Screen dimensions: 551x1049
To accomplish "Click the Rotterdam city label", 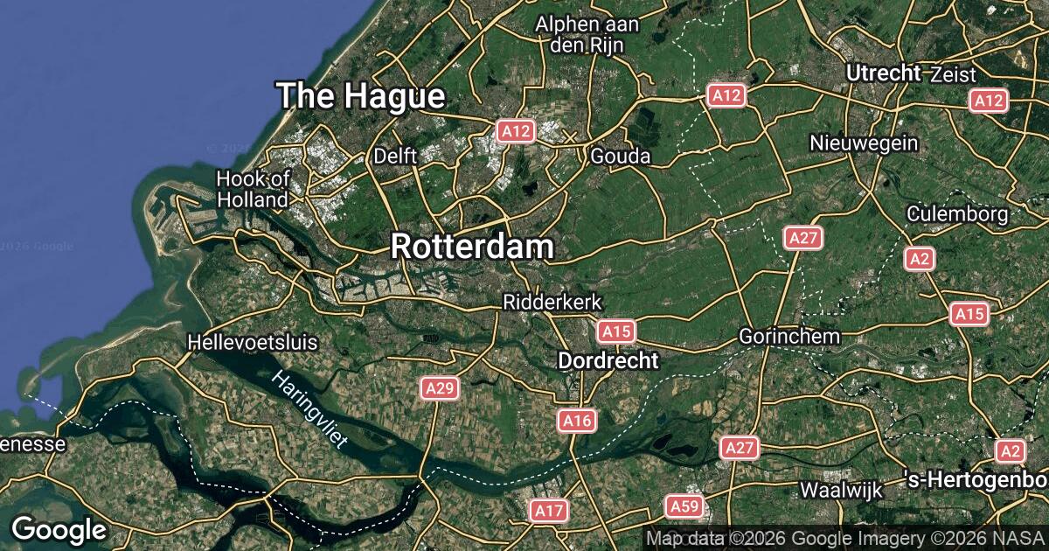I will [472, 247].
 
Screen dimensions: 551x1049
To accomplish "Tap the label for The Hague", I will [361, 96].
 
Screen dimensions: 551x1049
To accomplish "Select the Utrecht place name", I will [884, 73].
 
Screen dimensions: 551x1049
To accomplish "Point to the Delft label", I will [396, 157].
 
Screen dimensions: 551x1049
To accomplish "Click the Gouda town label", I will [621, 157].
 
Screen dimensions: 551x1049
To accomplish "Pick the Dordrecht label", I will [608, 360].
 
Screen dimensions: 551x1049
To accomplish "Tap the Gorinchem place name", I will [789, 336].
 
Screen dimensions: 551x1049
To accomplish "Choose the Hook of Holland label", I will [253, 189].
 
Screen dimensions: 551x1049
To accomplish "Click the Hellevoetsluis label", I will [253, 342].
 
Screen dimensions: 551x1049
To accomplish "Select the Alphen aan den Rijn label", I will [587, 34].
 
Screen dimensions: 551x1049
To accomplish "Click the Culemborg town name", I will [957, 213].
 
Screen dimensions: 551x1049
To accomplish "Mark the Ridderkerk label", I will [552, 302].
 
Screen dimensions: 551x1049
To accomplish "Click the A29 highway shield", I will [439, 388].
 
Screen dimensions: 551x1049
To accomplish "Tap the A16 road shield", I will [577, 422].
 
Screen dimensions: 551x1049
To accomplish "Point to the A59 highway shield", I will [684, 506].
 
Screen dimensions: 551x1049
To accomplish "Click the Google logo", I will [59, 529].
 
